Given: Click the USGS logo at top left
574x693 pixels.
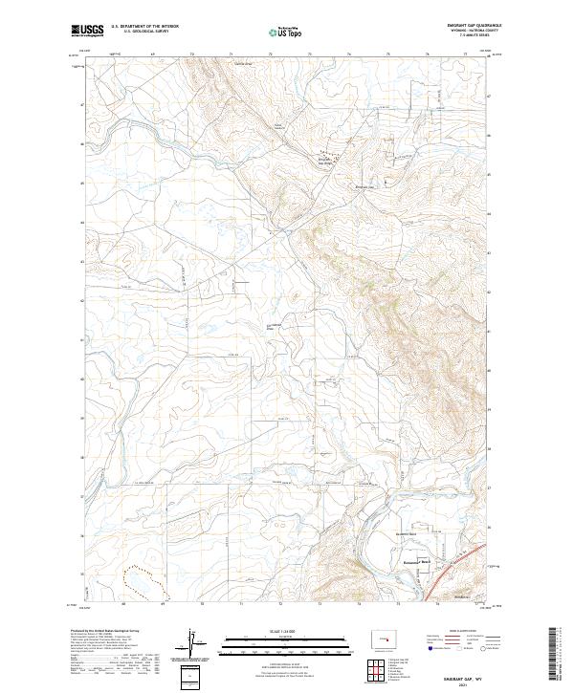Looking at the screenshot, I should (x=88, y=31).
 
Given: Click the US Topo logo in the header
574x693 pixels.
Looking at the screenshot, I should (x=285, y=32).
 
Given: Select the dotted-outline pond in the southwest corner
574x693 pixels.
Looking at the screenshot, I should (x=143, y=577).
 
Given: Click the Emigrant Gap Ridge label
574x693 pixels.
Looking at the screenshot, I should (x=329, y=160).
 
